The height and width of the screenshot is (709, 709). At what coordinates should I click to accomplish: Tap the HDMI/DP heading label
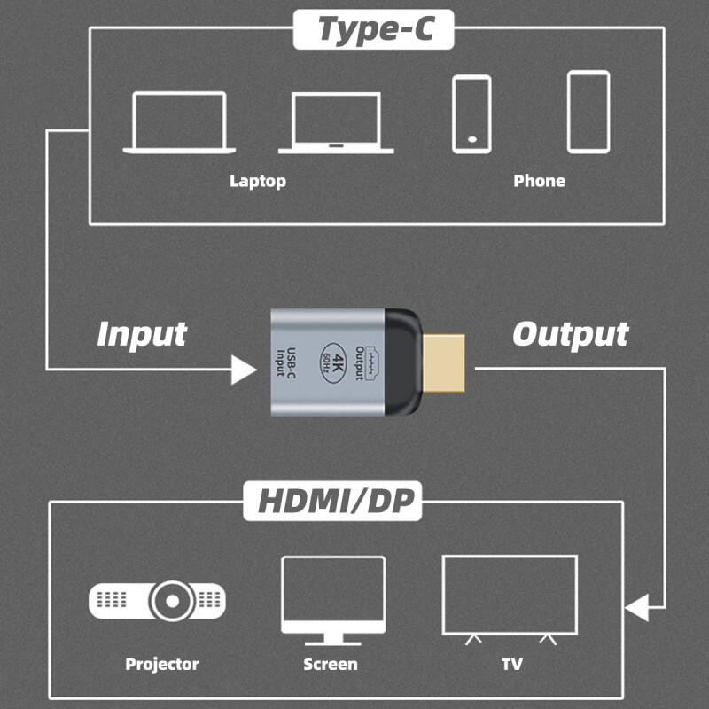tap(332, 501)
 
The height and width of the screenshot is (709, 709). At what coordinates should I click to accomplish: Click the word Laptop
tap(258, 181)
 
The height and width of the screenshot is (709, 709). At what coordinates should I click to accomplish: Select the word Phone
tap(539, 181)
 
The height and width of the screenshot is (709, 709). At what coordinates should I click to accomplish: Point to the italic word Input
tap(142, 334)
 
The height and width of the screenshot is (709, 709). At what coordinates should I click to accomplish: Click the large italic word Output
tap(570, 334)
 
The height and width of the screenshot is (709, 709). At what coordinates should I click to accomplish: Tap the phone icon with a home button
tap(471, 113)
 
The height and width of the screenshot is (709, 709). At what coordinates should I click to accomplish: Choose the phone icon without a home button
tap(588, 112)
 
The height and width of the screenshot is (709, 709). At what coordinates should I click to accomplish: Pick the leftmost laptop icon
tap(179, 122)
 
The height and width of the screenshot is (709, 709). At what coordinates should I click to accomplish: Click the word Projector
tap(162, 664)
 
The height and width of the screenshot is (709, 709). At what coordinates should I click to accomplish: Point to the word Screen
tap(331, 664)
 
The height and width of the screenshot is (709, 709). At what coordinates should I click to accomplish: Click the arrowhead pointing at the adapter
tap(243, 368)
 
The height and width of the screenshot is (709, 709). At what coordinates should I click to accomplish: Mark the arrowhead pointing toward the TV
tap(637, 609)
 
